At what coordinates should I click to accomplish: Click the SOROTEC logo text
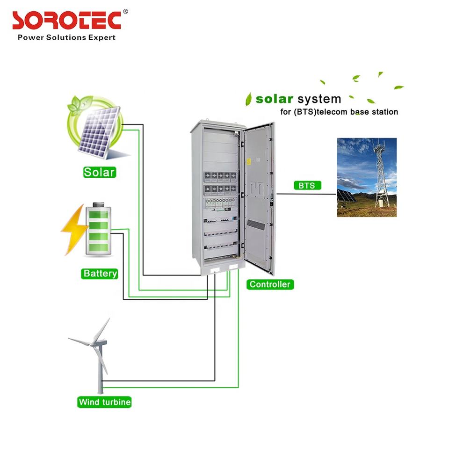pos(66,21)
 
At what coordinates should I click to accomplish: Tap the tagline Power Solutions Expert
pos(66,37)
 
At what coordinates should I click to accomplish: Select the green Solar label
pos(99,172)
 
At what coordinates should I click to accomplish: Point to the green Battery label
pos(100,274)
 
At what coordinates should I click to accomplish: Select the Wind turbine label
pos(105,402)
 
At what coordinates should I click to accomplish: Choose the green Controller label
pos(270,284)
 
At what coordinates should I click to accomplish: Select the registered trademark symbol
pos(125,11)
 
